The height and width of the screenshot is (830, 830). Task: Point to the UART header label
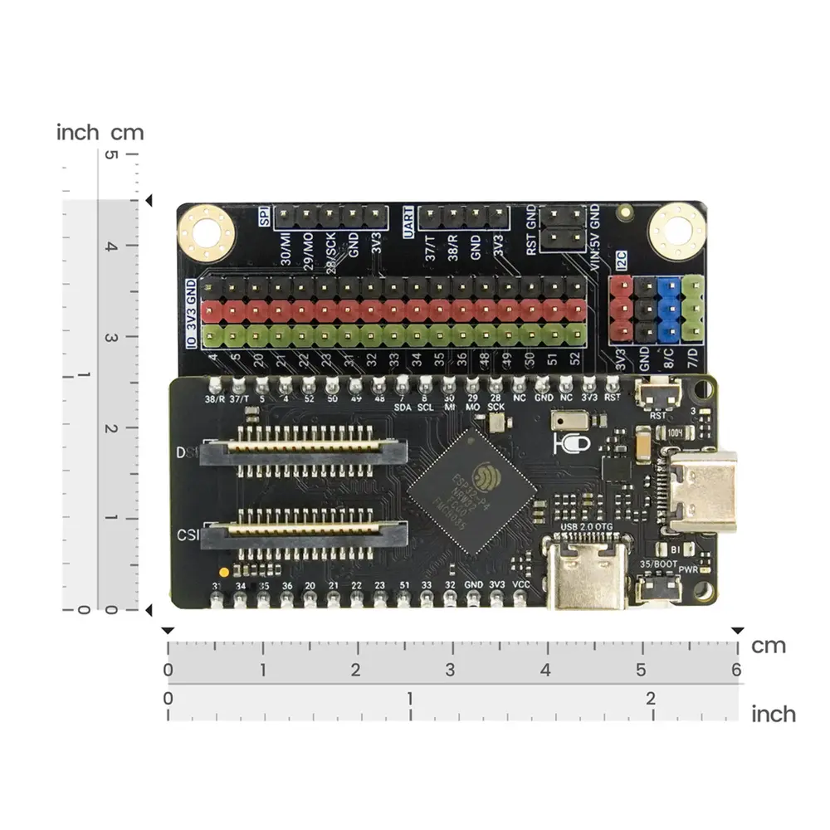point(408,219)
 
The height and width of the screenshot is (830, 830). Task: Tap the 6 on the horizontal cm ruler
point(735,670)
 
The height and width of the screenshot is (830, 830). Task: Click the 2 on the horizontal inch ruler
point(651,698)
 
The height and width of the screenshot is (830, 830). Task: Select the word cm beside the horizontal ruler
point(768,646)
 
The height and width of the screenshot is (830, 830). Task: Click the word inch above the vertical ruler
point(78,132)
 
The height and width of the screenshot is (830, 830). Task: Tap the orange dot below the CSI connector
point(222,573)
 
